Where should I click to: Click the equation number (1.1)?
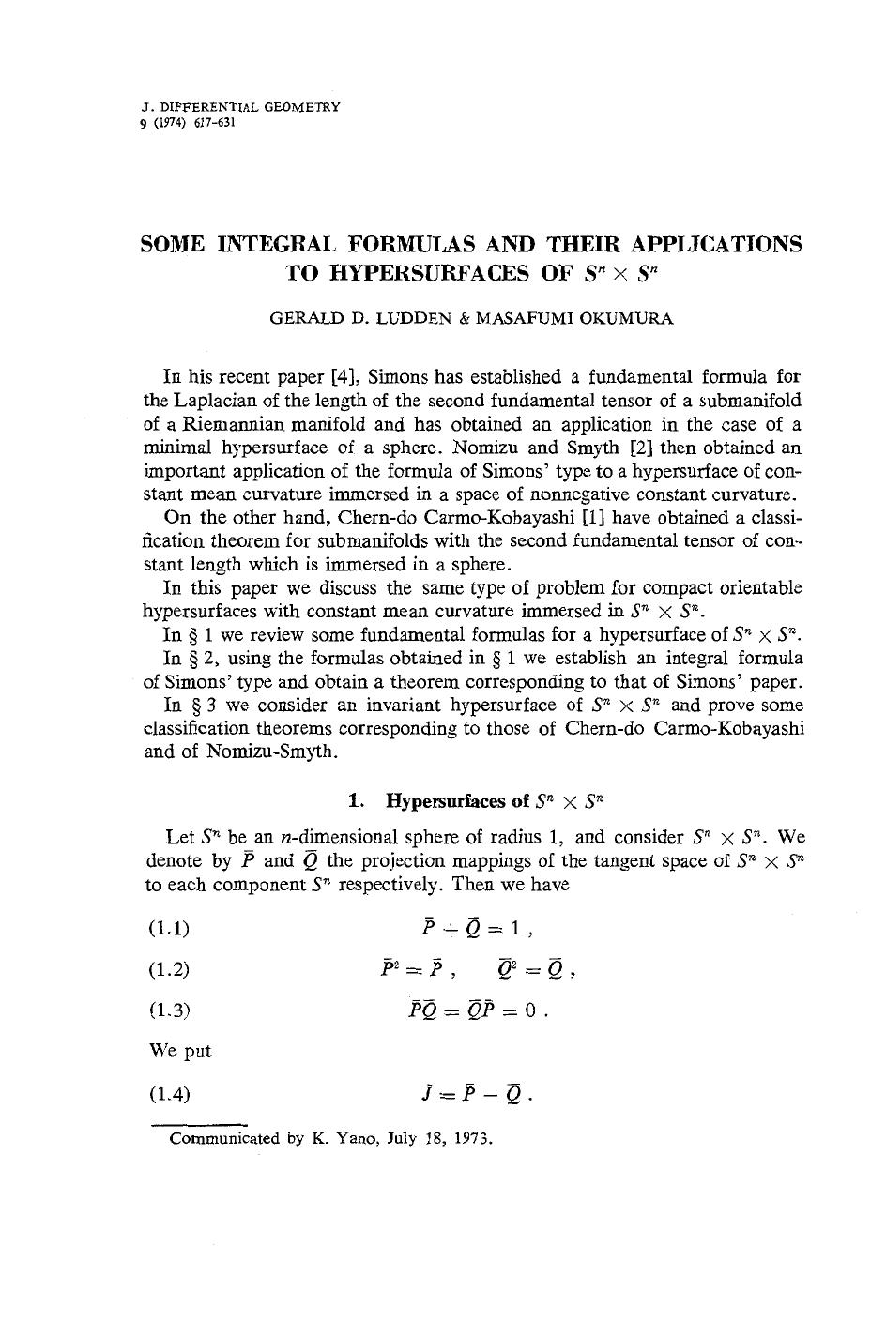point(169,929)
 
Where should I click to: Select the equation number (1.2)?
point(169,969)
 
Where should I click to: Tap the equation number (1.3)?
point(169,1010)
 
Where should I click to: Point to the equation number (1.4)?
point(169,1094)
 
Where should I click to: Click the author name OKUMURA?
point(628,319)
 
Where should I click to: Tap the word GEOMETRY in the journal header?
point(300,107)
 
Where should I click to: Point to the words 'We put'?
point(180,1051)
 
